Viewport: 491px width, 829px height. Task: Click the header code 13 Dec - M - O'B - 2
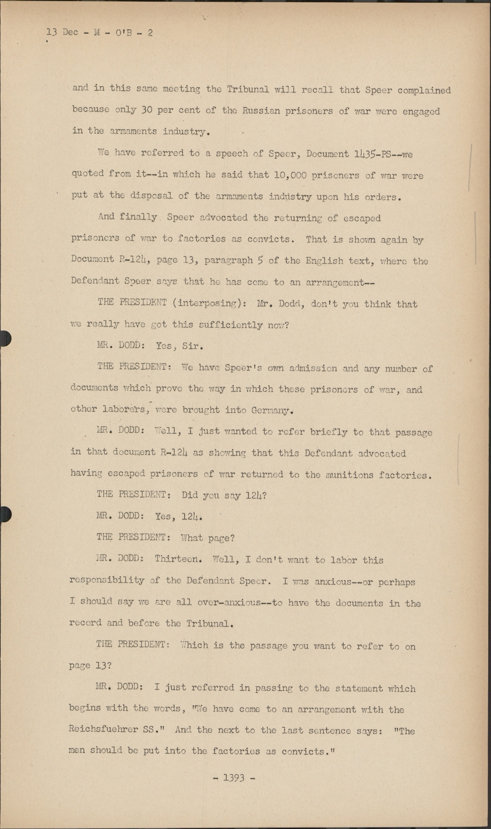pos(99,33)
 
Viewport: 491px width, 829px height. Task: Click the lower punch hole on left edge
pos(4,514)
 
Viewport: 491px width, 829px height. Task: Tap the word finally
pos(139,218)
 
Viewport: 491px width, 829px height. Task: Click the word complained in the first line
pos(424,90)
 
